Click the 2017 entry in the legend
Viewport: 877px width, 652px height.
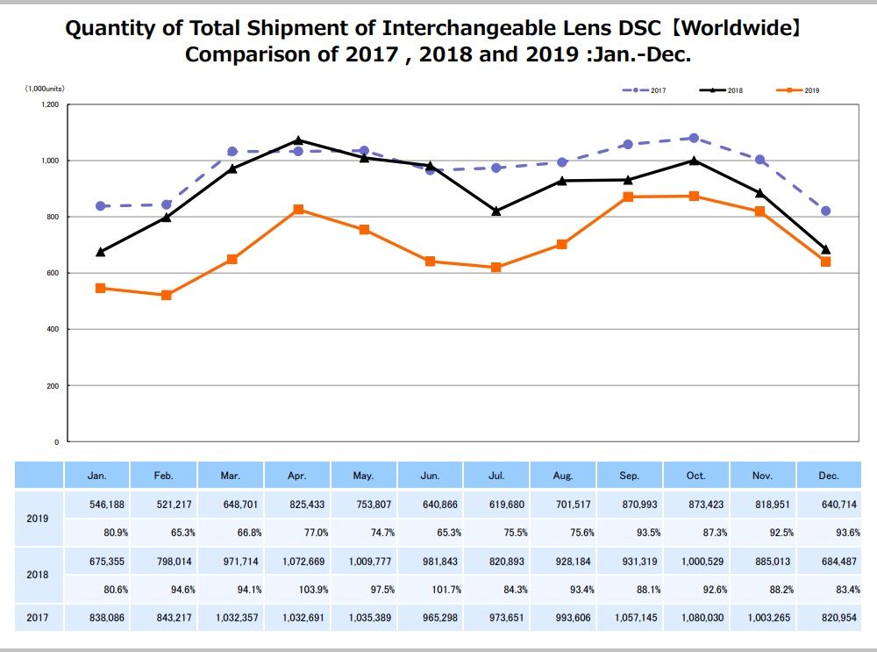pos(644,90)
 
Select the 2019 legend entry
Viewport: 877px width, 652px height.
pos(797,90)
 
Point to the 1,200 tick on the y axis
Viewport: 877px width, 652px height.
pos(50,104)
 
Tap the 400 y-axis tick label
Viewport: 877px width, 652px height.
pos(53,329)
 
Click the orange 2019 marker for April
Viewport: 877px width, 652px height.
pos(298,210)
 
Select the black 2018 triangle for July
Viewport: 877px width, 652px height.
pos(496,211)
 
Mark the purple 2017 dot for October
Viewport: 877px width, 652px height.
pos(694,139)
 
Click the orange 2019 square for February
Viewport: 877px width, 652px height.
pos(166,295)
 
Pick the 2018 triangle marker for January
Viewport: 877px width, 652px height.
pos(101,252)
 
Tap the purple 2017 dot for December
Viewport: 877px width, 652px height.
pos(825,211)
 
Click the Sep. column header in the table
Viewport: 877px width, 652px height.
pos(629,476)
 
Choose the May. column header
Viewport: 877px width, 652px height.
pos(363,476)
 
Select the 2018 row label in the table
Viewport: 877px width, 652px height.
pos(38,575)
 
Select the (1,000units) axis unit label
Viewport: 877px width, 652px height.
pos(45,89)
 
